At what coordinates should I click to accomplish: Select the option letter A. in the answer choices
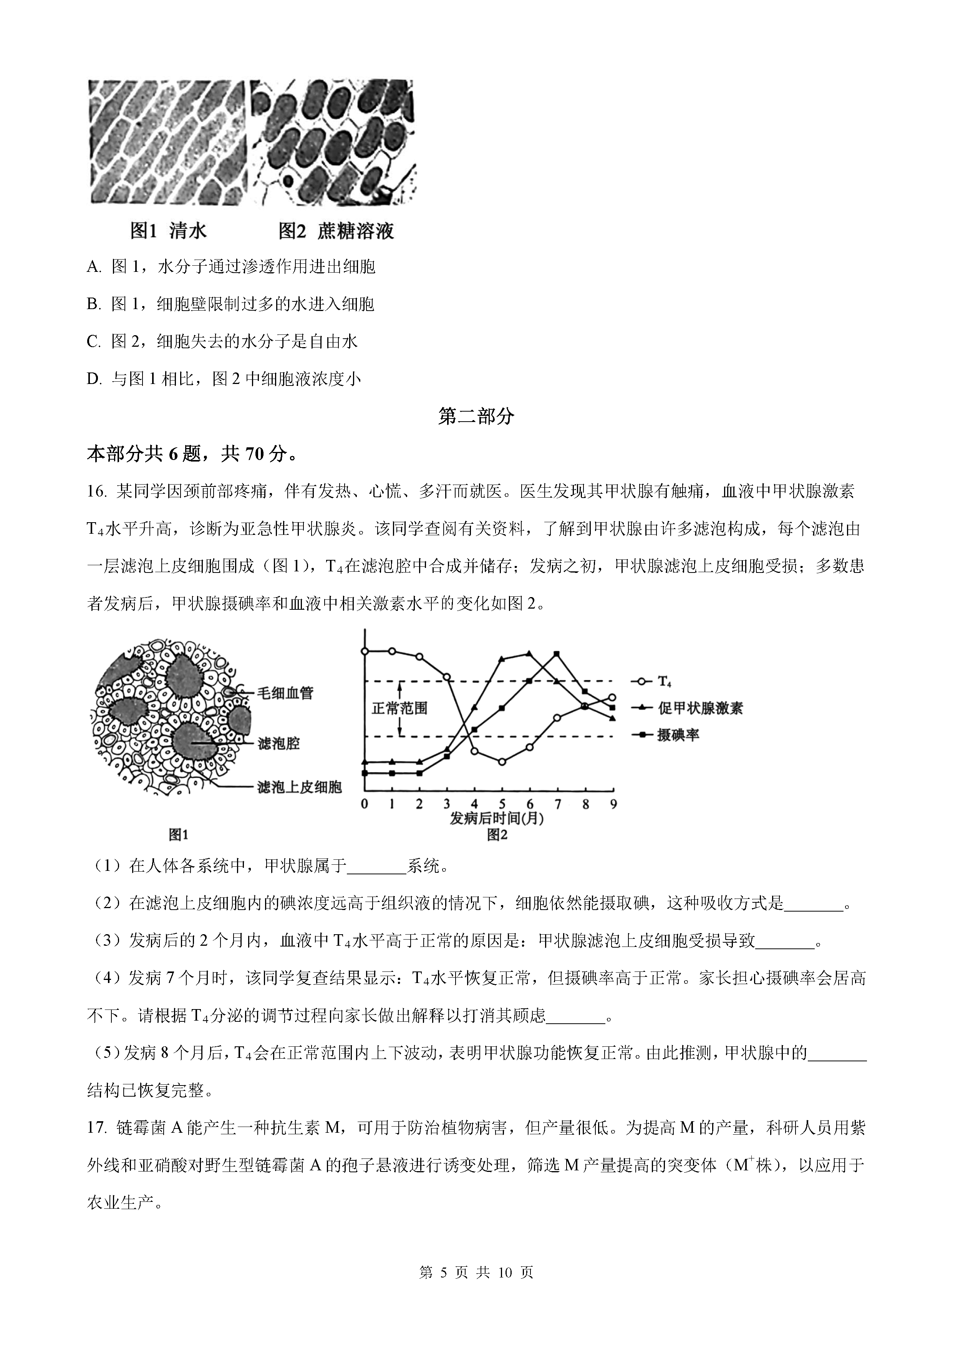click(94, 268)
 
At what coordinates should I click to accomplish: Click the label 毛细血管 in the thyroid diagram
click(285, 693)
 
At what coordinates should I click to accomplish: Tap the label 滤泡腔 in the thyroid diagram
click(278, 744)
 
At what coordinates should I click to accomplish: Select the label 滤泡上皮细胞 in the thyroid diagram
click(299, 787)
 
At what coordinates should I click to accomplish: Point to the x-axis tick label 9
click(613, 804)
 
